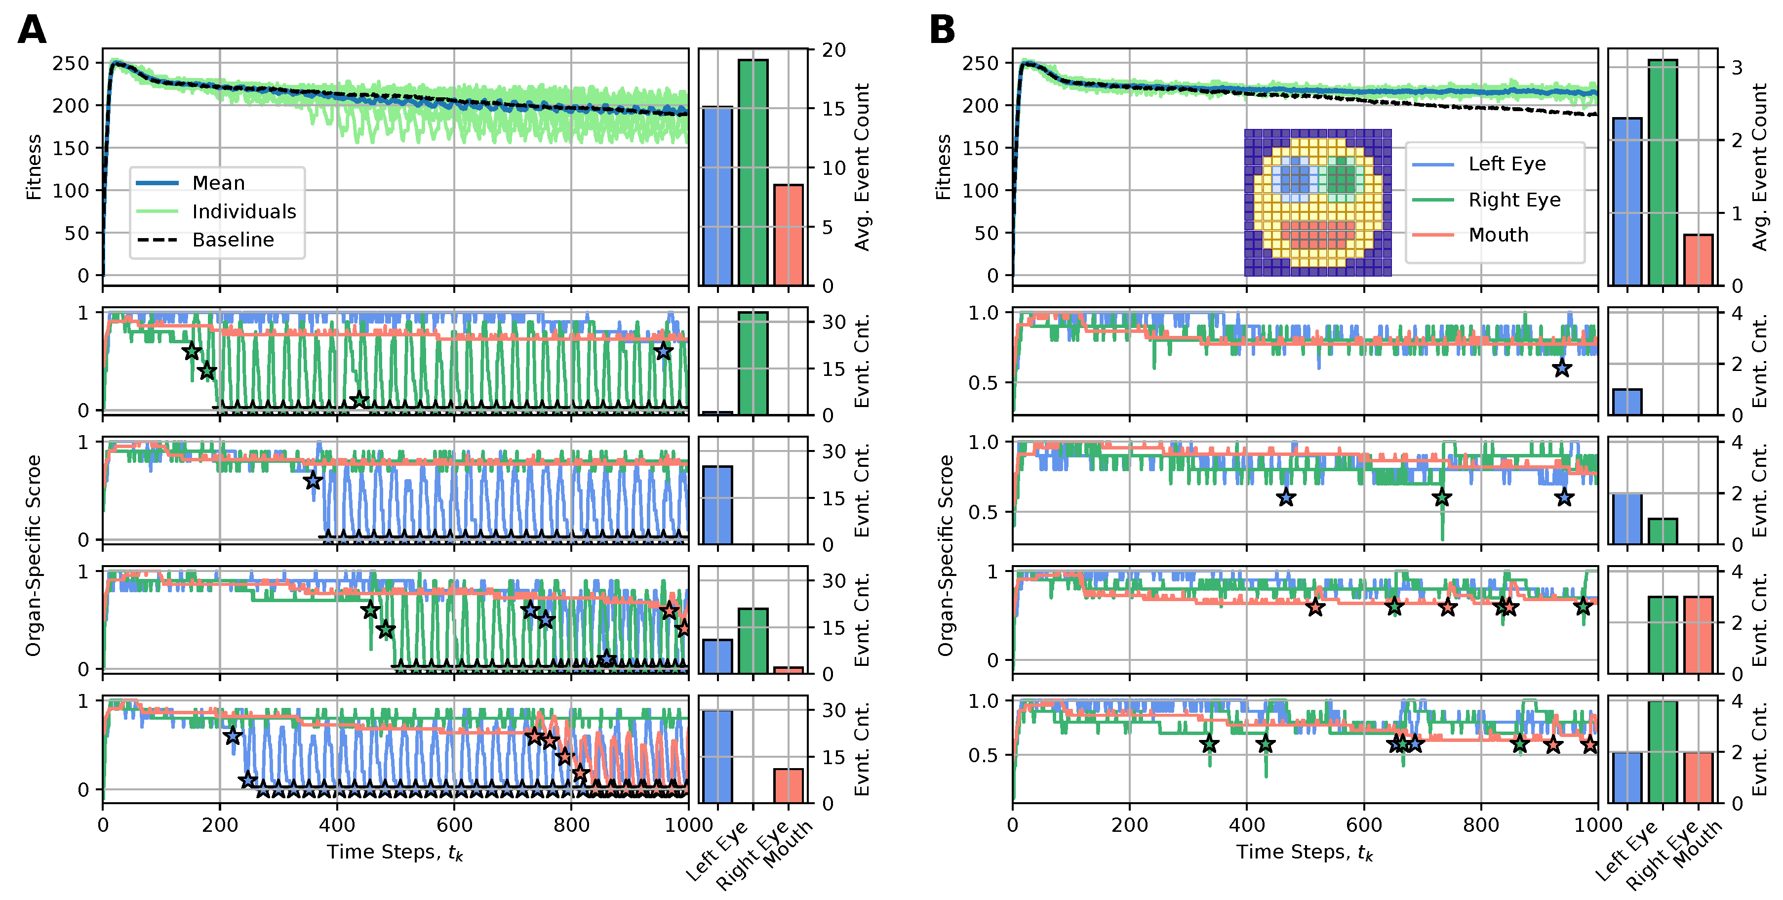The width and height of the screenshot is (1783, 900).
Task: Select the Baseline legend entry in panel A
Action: tap(233, 240)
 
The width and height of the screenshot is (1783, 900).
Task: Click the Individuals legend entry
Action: tap(243, 211)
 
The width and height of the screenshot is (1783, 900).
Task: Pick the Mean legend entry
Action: tap(218, 183)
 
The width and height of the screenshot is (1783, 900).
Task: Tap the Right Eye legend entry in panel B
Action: tap(1514, 200)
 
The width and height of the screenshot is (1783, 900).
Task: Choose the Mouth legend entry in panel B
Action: tap(1499, 235)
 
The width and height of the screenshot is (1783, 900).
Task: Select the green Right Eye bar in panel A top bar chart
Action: tap(753, 172)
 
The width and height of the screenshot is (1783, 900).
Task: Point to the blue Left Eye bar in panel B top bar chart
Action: tap(1626, 202)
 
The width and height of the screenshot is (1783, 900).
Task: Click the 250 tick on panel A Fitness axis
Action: tap(71, 63)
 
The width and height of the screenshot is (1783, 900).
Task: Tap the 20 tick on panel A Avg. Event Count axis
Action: tap(833, 50)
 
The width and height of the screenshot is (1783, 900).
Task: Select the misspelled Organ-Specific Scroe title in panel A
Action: tap(33, 555)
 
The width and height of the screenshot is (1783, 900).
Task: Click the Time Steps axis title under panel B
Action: tap(1304, 852)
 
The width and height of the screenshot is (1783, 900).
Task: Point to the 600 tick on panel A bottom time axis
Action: tap(454, 824)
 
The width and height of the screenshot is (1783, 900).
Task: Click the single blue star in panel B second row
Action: tap(1561, 368)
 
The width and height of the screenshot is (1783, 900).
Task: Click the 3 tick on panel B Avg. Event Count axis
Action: tap(1737, 68)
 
